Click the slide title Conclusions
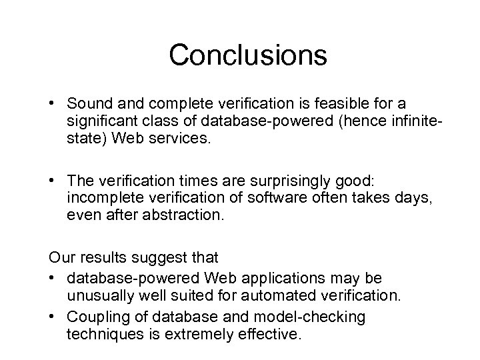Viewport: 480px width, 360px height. [x=248, y=55]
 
